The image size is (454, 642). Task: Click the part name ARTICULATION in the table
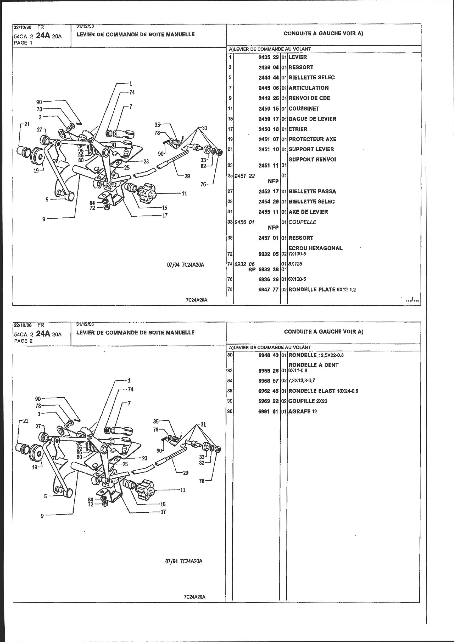pos(308,88)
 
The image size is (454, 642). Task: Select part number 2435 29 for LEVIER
pos(269,57)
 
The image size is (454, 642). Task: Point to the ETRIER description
pos(298,129)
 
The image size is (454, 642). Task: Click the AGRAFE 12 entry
pos(302,411)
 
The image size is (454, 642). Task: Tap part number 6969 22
pos(269,401)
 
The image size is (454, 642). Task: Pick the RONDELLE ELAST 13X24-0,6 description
pos(323,391)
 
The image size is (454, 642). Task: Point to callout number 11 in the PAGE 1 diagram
pos(184,193)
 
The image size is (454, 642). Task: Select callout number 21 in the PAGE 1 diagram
pos(27,124)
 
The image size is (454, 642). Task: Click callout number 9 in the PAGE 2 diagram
pos(42,516)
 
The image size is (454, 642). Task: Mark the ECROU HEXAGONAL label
pos(316,248)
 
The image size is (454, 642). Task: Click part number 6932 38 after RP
pos(269,270)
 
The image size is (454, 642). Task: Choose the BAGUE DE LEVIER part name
pos(313,119)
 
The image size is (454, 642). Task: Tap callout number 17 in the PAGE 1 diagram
pos(165,216)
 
